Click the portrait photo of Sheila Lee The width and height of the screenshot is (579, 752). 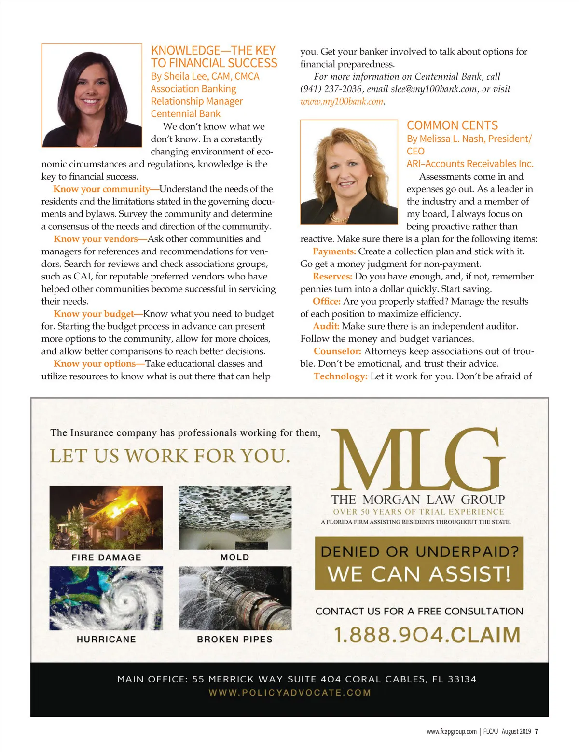tap(92, 96)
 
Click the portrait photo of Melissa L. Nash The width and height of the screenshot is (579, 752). tap(349, 172)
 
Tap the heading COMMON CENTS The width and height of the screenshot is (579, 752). tap(452, 125)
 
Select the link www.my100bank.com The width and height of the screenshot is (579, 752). tap(342, 101)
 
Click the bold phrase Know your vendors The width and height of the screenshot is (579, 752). tap(96, 239)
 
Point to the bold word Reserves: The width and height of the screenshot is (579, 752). tap(332, 277)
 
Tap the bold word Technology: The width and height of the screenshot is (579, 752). tap(341, 376)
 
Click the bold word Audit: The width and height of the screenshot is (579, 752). tap(326, 326)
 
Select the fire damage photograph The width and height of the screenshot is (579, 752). tap(106, 517)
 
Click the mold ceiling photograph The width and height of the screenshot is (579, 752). tap(235, 517)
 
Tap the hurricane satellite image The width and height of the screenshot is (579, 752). tap(106, 599)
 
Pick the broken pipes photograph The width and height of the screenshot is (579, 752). tap(235, 599)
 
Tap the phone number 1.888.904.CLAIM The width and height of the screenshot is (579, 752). tap(427, 635)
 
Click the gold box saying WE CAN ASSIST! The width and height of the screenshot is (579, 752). tap(419, 564)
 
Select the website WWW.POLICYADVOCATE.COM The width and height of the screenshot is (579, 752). tap(289, 693)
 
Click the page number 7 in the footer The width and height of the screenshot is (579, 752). tap(537, 731)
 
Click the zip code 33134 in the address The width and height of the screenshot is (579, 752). tap(462, 679)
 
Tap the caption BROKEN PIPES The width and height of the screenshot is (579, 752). tap(234, 640)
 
